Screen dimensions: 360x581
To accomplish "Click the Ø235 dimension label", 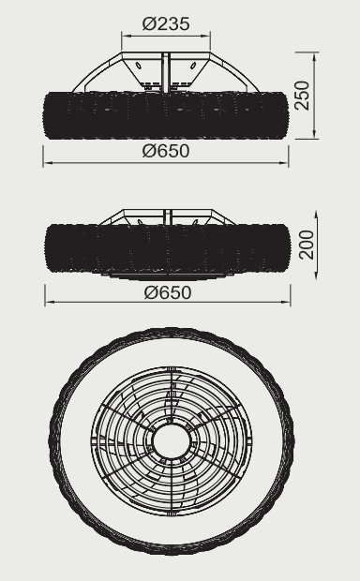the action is pyautogui.click(x=166, y=24).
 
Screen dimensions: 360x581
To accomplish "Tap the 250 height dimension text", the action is pyautogui.click(x=302, y=96).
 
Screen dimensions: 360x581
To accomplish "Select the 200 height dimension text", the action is pyautogui.click(x=307, y=245).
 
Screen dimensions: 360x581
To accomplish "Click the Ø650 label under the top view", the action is pyautogui.click(x=166, y=151).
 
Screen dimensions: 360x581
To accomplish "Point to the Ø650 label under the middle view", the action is pyautogui.click(x=168, y=292).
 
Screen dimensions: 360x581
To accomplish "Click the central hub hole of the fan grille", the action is pyautogui.click(x=172, y=441).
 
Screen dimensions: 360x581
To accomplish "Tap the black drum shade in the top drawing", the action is pyautogui.click(x=166, y=115).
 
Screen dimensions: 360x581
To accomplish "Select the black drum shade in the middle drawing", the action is pyautogui.click(x=168, y=248).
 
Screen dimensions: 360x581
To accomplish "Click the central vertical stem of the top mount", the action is pyautogui.click(x=165, y=72).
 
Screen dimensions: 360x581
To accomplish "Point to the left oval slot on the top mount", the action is pyautogui.click(x=139, y=66).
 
